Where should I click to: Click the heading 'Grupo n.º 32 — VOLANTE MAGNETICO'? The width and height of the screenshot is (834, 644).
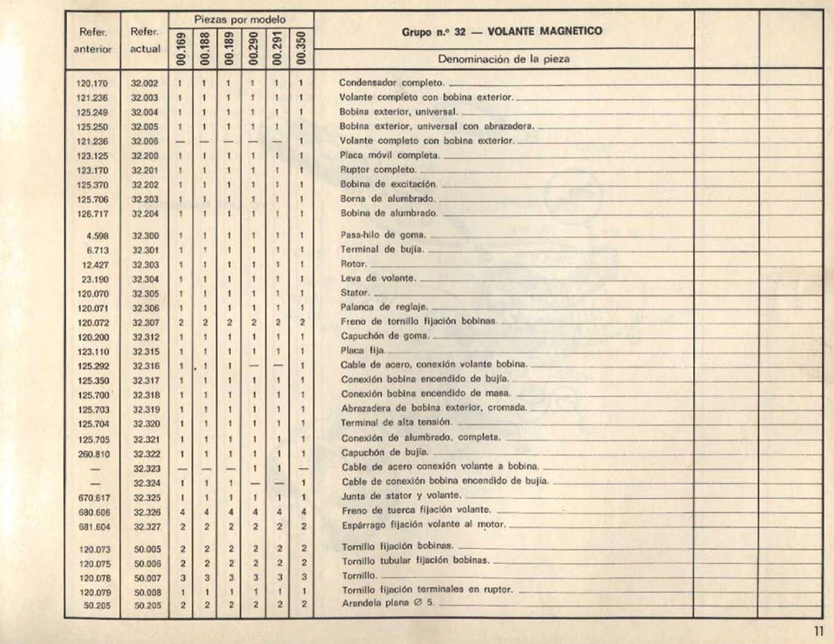click(502, 31)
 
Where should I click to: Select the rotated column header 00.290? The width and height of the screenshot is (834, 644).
click(253, 48)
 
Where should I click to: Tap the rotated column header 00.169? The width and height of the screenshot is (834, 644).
click(181, 48)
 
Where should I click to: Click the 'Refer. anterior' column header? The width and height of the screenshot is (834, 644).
click(93, 40)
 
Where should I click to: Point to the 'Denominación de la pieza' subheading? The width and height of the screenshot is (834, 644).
click(503, 59)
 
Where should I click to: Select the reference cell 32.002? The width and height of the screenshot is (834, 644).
click(144, 83)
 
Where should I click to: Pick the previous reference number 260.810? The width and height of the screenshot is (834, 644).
click(94, 454)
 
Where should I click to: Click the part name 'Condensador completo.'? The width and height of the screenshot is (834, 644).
click(392, 83)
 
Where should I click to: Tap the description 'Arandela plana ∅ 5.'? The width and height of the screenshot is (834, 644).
click(388, 603)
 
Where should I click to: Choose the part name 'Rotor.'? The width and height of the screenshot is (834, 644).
click(354, 264)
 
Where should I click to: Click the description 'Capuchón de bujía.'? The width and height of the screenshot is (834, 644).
click(377, 452)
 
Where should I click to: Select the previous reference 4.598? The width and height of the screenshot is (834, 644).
click(97, 236)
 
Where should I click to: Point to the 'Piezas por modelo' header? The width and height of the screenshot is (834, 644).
click(240, 20)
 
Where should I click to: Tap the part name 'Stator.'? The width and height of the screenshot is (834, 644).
click(355, 293)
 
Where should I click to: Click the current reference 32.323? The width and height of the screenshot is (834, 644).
click(147, 469)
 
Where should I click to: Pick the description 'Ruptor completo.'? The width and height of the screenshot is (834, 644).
click(378, 170)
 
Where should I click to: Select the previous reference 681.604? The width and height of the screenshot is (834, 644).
click(94, 526)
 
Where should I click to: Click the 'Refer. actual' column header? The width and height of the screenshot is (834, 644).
click(145, 40)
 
